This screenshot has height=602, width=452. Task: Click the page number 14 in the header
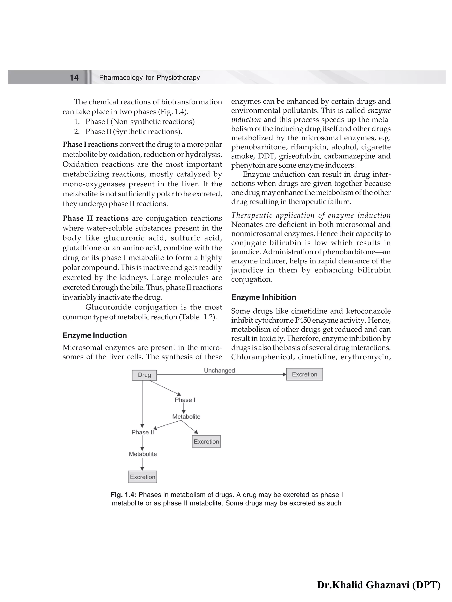coord(74,78)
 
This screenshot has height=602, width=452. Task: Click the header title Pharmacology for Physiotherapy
coord(149,78)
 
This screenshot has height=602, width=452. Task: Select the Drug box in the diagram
coord(144,375)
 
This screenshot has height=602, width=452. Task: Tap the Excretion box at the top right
coord(304,374)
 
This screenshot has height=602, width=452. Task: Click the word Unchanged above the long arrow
coord(219,370)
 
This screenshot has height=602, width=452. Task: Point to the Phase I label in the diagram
coord(185,400)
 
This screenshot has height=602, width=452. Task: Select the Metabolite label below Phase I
coord(186,416)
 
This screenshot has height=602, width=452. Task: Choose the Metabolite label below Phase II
coord(143,454)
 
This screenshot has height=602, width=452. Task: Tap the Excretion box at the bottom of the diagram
coord(143,477)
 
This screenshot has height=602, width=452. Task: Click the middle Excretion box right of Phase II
coord(206,441)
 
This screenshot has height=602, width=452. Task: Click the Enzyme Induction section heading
coord(95,335)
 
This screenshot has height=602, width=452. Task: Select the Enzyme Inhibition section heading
coord(264,297)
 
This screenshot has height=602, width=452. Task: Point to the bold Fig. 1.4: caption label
coord(123,495)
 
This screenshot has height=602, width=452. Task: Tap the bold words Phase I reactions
coord(90,144)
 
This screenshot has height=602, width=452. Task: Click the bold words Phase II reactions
coord(96,218)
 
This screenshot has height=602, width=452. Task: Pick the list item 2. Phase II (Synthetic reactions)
coord(128,131)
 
